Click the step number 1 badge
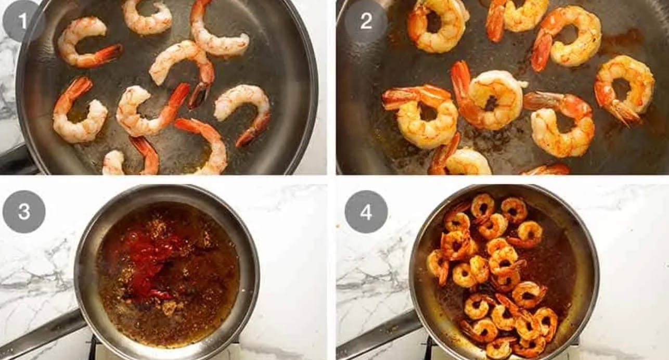[x=23, y=20]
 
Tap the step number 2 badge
[x=366, y=20]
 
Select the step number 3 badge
[x=24, y=212]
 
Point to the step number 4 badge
[x=366, y=212]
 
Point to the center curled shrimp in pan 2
[x=490, y=99]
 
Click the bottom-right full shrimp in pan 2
[x=561, y=125]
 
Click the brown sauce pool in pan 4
[x=556, y=263]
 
